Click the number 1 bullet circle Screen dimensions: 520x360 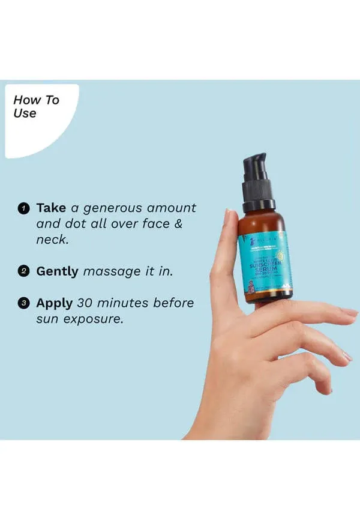click(23, 208)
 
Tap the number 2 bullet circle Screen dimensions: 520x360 click(23, 271)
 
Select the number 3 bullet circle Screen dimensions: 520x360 click(23, 303)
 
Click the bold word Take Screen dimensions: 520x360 click(52, 208)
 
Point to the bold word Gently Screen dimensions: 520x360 click(58, 271)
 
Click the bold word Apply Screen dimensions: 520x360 click(55, 303)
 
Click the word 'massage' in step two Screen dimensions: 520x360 click(111, 272)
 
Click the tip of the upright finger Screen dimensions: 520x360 click(229, 213)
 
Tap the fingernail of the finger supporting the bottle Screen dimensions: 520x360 click(349, 312)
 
